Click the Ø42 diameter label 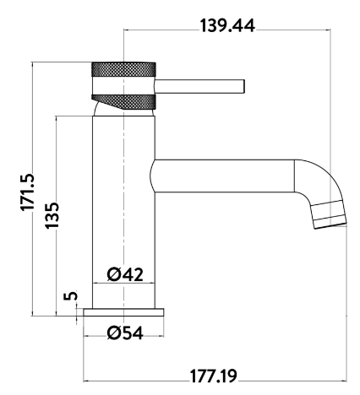point(125,273)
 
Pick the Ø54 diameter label point(125,332)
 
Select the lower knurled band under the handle point(127,100)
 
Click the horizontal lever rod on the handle point(199,85)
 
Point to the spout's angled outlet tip point(330,217)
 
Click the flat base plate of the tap point(125,312)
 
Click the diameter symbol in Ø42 point(113,273)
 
